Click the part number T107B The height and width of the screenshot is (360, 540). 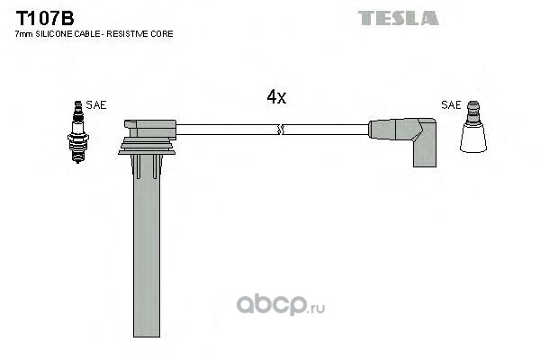coord(45,18)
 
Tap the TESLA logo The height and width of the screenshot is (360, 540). coord(399,18)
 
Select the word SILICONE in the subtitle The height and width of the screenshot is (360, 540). coord(54,34)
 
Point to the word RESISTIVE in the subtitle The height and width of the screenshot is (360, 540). coord(128,34)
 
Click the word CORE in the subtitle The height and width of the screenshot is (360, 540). coord(162,34)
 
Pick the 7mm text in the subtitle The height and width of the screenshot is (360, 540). coord(24,34)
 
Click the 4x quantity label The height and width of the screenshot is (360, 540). coord(276,97)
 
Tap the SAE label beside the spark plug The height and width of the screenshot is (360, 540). coord(96,104)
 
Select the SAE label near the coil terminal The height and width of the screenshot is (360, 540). coord(451,104)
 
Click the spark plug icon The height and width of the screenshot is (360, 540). coord(78,132)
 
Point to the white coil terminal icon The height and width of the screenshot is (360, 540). coord(473,127)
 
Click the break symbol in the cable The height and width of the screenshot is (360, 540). coord(280,130)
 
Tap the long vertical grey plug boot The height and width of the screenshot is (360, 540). coord(147,246)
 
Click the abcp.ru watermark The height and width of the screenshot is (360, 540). coord(280,304)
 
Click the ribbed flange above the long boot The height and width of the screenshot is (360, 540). coord(147,146)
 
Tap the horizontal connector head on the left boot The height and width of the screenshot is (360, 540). coord(150,129)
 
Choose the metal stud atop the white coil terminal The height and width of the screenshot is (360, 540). coord(473,112)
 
